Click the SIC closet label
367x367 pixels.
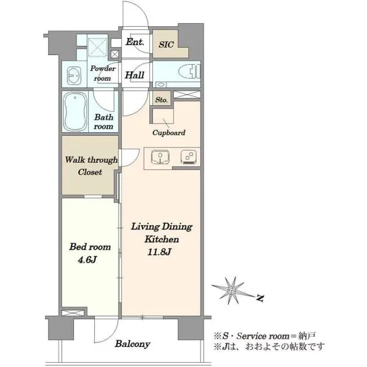click(166, 45)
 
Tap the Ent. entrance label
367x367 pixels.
click(135, 42)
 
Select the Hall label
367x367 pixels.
click(135, 75)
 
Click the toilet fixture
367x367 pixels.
click(190, 72)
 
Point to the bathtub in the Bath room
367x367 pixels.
click(75, 111)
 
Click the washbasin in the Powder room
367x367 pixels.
click(74, 76)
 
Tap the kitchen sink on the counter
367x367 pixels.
click(160, 157)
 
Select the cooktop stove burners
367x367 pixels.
click(188, 157)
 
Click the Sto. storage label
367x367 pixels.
click(161, 100)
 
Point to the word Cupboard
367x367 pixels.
click(169, 133)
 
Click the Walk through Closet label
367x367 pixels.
click(91, 166)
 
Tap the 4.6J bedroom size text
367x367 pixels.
click(87, 259)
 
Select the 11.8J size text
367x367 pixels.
click(160, 252)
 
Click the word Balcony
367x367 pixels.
click(133, 344)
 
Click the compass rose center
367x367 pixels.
click(232, 291)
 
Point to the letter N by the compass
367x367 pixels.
click(260, 298)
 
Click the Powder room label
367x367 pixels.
click(103, 73)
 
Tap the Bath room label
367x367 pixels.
click(103, 122)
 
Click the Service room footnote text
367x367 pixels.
click(264, 336)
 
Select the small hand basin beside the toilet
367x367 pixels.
click(160, 84)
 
